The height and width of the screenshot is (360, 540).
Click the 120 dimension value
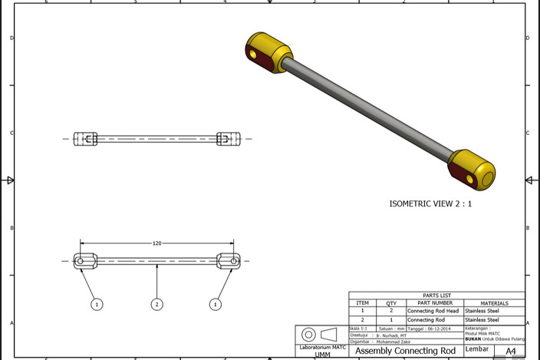point(156,243)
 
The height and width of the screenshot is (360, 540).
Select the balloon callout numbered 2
point(156,305)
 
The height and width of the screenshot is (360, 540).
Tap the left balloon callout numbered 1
point(97,305)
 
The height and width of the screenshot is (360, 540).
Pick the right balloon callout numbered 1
point(216,305)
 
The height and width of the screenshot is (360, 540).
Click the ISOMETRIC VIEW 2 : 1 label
point(430,205)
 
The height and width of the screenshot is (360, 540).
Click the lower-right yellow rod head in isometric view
point(472,170)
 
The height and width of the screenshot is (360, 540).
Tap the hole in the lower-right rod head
point(469,179)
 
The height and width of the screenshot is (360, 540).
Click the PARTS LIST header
point(436,296)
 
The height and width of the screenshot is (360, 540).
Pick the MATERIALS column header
point(494,303)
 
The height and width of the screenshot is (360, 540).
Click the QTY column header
point(391,303)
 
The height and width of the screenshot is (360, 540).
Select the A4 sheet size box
point(509,352)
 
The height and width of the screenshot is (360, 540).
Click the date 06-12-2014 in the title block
point(442,329)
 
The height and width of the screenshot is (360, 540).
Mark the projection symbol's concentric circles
point(308,335)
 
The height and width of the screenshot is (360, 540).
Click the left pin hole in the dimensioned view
point(81,261)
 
